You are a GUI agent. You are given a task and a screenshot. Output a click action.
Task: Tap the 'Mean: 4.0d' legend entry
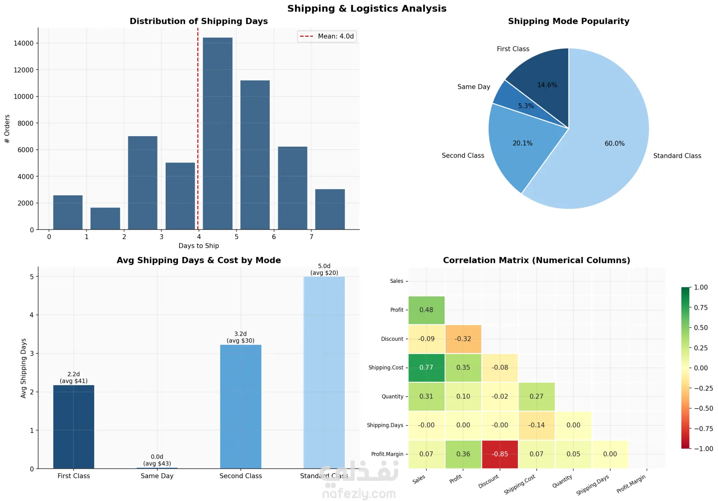327,36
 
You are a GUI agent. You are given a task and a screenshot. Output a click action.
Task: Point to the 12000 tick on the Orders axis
24,70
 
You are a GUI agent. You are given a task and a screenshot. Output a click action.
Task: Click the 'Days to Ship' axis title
199,246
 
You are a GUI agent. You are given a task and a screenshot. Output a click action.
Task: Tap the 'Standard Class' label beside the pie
677,156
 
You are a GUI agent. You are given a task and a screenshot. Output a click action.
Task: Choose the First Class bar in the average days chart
74,427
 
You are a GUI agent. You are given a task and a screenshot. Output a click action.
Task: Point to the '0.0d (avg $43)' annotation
157,460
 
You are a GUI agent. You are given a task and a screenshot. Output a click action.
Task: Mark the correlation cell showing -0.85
500,454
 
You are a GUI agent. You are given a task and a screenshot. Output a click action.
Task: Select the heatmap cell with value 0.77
426,368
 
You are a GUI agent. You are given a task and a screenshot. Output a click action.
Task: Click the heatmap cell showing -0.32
463,339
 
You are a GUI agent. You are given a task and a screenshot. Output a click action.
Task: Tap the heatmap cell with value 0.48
426,310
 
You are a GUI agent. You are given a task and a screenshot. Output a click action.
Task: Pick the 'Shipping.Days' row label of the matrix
385,425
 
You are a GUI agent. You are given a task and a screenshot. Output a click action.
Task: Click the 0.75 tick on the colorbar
700,308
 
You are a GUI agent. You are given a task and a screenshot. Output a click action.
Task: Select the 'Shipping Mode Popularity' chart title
568,21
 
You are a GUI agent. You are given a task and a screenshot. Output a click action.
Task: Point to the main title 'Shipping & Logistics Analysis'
366,9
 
